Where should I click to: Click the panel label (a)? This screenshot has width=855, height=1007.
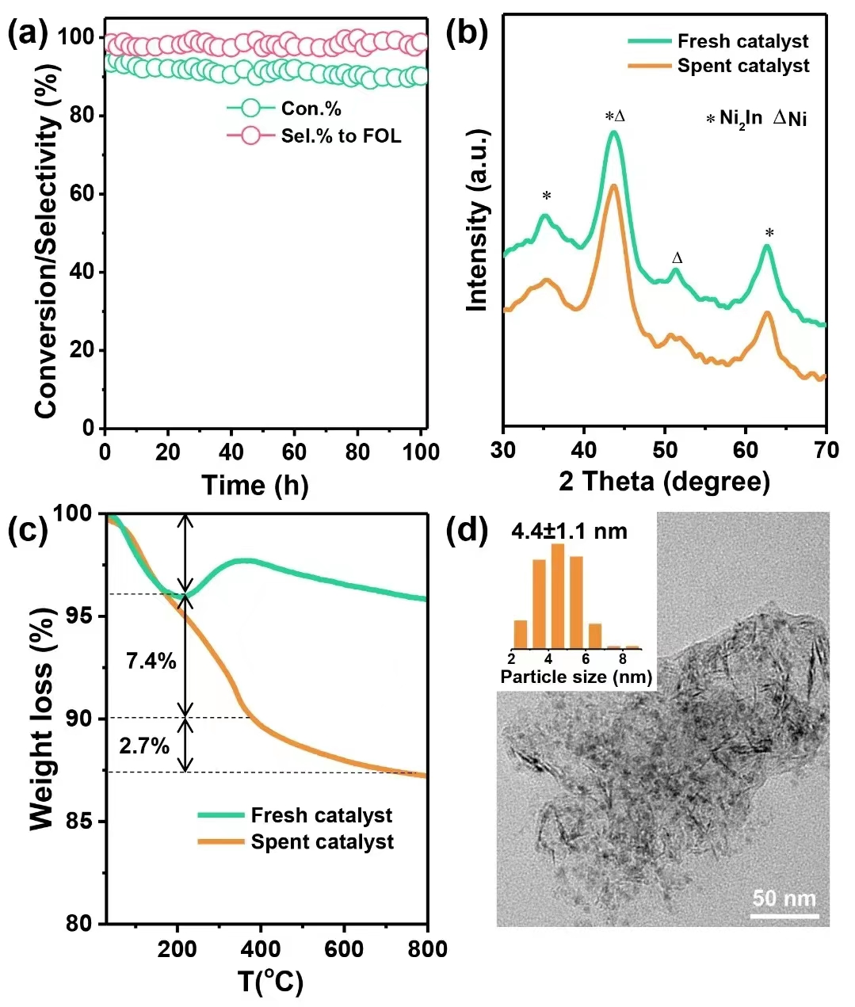click(x=28, y=35)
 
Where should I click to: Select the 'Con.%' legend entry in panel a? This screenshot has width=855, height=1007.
click(x=311, y=109)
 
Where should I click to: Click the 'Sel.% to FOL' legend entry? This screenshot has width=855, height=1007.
click(x=341, y=136)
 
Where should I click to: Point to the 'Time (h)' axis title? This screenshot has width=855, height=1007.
click(x=254, y=485)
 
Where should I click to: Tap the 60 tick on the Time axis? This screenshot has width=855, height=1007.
click(x=294, y=452)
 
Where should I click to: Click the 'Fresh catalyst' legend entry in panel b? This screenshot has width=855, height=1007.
click(x=742, y=41)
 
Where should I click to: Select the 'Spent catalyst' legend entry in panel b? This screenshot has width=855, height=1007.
click(x=742, y=66)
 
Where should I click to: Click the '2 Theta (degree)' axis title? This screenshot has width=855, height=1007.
click(x=664, y=481)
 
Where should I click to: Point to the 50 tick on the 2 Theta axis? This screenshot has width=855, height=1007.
click(x=665, y=450)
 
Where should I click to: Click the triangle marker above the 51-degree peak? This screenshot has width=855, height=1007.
click(x=677, y=258)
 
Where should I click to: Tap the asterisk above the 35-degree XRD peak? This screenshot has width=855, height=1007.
click(x=547, y=196)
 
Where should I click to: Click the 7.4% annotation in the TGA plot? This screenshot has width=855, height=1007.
click(x=151, y=660)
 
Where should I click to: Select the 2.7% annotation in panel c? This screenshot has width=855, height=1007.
click(x=144, y=746)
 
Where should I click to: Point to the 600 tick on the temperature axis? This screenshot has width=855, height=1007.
click(x=344, y=948)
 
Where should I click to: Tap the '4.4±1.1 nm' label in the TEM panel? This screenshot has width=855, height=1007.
click(x=569, y=531)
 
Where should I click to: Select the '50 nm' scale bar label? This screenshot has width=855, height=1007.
click(x=784, y=898)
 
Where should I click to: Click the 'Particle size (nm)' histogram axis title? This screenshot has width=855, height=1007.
click(x=576, y=677)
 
